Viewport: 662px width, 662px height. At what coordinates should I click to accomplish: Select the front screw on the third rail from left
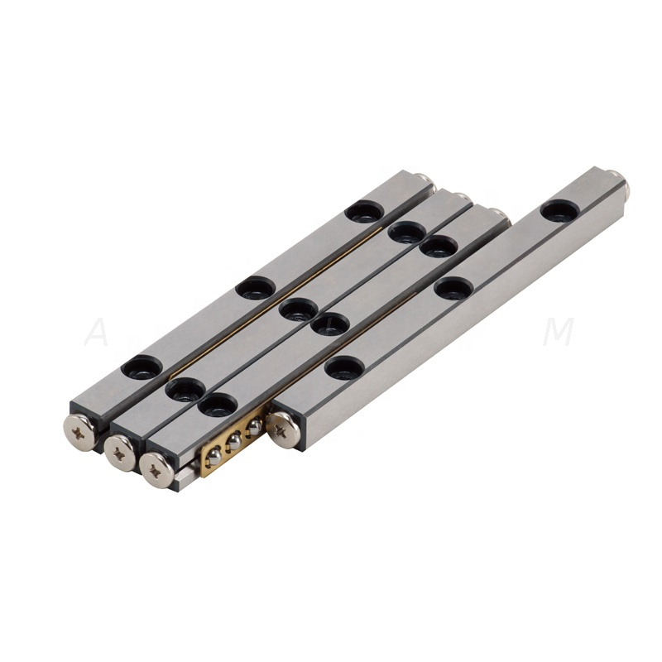[x=157, y=468]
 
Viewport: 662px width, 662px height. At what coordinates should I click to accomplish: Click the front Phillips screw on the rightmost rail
[x=282, y=429]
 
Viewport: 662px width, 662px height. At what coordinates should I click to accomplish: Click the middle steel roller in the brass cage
[x=234, y=443]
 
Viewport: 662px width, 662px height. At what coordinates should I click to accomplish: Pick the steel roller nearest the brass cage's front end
[x=213, y=455]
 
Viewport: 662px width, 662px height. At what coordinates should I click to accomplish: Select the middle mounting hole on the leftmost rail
[x=255, y=288]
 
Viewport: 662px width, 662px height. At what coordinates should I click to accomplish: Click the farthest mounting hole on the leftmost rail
[x=365, y=212]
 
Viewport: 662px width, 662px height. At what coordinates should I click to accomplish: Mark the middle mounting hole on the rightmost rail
[x=453, y=288]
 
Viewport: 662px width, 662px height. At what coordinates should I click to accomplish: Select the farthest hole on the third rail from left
[x=439, y=246]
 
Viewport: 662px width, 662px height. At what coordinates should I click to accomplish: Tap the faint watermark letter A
[x=98, y=333]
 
